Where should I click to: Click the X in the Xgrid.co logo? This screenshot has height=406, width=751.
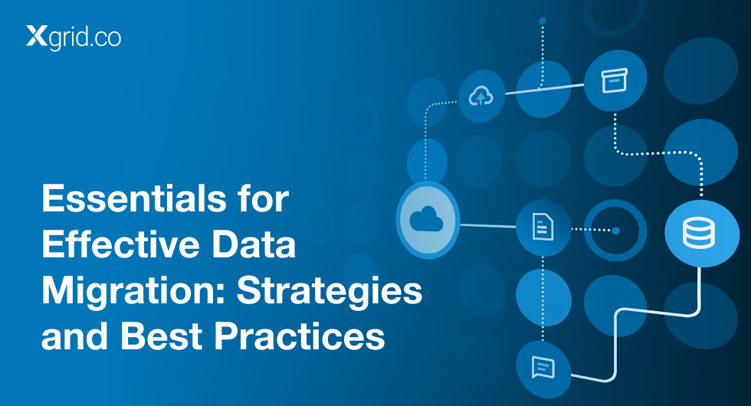[37, 36]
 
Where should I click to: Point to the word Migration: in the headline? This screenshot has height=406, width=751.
[133, 291]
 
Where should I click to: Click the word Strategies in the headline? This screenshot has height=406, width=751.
[330, 291]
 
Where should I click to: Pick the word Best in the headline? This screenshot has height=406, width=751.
[162, 336]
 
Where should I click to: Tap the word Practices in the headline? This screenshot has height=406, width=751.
[300, 336]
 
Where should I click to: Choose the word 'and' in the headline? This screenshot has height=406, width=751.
[75, 336]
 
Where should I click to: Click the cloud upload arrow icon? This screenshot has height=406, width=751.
[480, 96]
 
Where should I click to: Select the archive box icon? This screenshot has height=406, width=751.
[615, 80]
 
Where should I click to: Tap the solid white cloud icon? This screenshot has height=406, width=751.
[426, 219]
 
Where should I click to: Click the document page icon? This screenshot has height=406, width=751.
[543, 227]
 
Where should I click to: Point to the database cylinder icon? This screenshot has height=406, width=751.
[698, 233]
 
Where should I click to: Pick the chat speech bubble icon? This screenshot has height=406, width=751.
[543, 368]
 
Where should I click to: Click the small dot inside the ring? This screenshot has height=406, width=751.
[616, 231]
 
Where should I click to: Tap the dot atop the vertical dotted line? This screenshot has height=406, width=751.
[543, 21]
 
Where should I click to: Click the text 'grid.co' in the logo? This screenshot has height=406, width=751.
[85, 38]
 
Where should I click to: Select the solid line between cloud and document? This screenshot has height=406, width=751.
[488, 225]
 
